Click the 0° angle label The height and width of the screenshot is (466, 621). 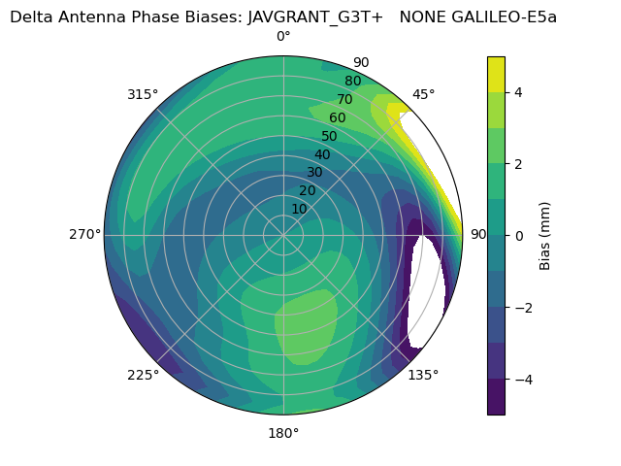283,37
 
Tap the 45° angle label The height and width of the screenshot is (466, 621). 424,94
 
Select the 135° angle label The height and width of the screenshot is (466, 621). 423,375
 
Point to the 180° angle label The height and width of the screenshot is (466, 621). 283,433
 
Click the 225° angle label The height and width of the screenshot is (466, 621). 143,375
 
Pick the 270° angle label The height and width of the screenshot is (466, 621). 84,234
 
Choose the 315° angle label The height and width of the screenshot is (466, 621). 143,94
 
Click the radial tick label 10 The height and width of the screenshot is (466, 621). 299,209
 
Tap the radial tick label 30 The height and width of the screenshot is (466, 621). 314,173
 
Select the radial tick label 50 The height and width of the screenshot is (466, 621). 329,137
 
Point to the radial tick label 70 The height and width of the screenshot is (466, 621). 344,100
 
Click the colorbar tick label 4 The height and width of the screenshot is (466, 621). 517,92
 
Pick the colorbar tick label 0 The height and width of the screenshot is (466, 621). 517,235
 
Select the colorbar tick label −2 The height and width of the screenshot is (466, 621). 521,307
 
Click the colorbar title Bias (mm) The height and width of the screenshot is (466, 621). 545,234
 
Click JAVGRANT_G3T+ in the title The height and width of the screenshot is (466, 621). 315,17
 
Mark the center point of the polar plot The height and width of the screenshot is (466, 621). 283,234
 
